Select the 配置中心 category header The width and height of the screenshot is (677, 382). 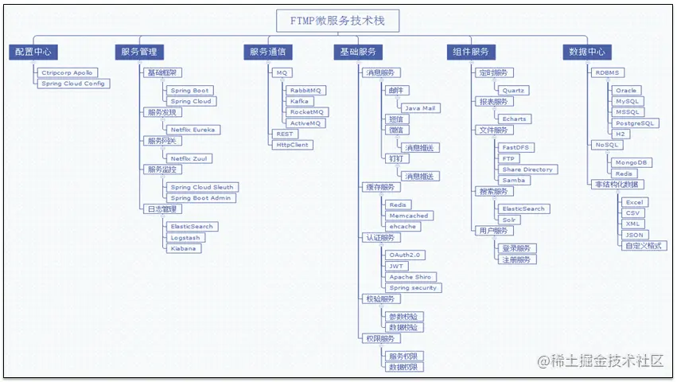click(33, 52)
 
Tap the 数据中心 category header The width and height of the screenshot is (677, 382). click(588, 52)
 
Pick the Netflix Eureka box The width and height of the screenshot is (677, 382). click(193, 129)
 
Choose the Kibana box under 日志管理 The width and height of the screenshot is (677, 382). click(184, 248)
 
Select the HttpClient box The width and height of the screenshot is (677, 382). click(293, 145)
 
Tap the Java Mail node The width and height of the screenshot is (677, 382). click(419, 107)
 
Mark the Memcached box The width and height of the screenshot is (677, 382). click(409, 216)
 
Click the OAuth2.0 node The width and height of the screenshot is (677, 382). click(407, 255)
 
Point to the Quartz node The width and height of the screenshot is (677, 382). click(513, 91)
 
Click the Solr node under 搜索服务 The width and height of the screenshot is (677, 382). click(510, 220)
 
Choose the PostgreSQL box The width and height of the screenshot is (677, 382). click(636, 123)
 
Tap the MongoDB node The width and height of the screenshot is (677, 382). click(632, 162)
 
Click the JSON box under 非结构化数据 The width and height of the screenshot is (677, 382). click(634, 235)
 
